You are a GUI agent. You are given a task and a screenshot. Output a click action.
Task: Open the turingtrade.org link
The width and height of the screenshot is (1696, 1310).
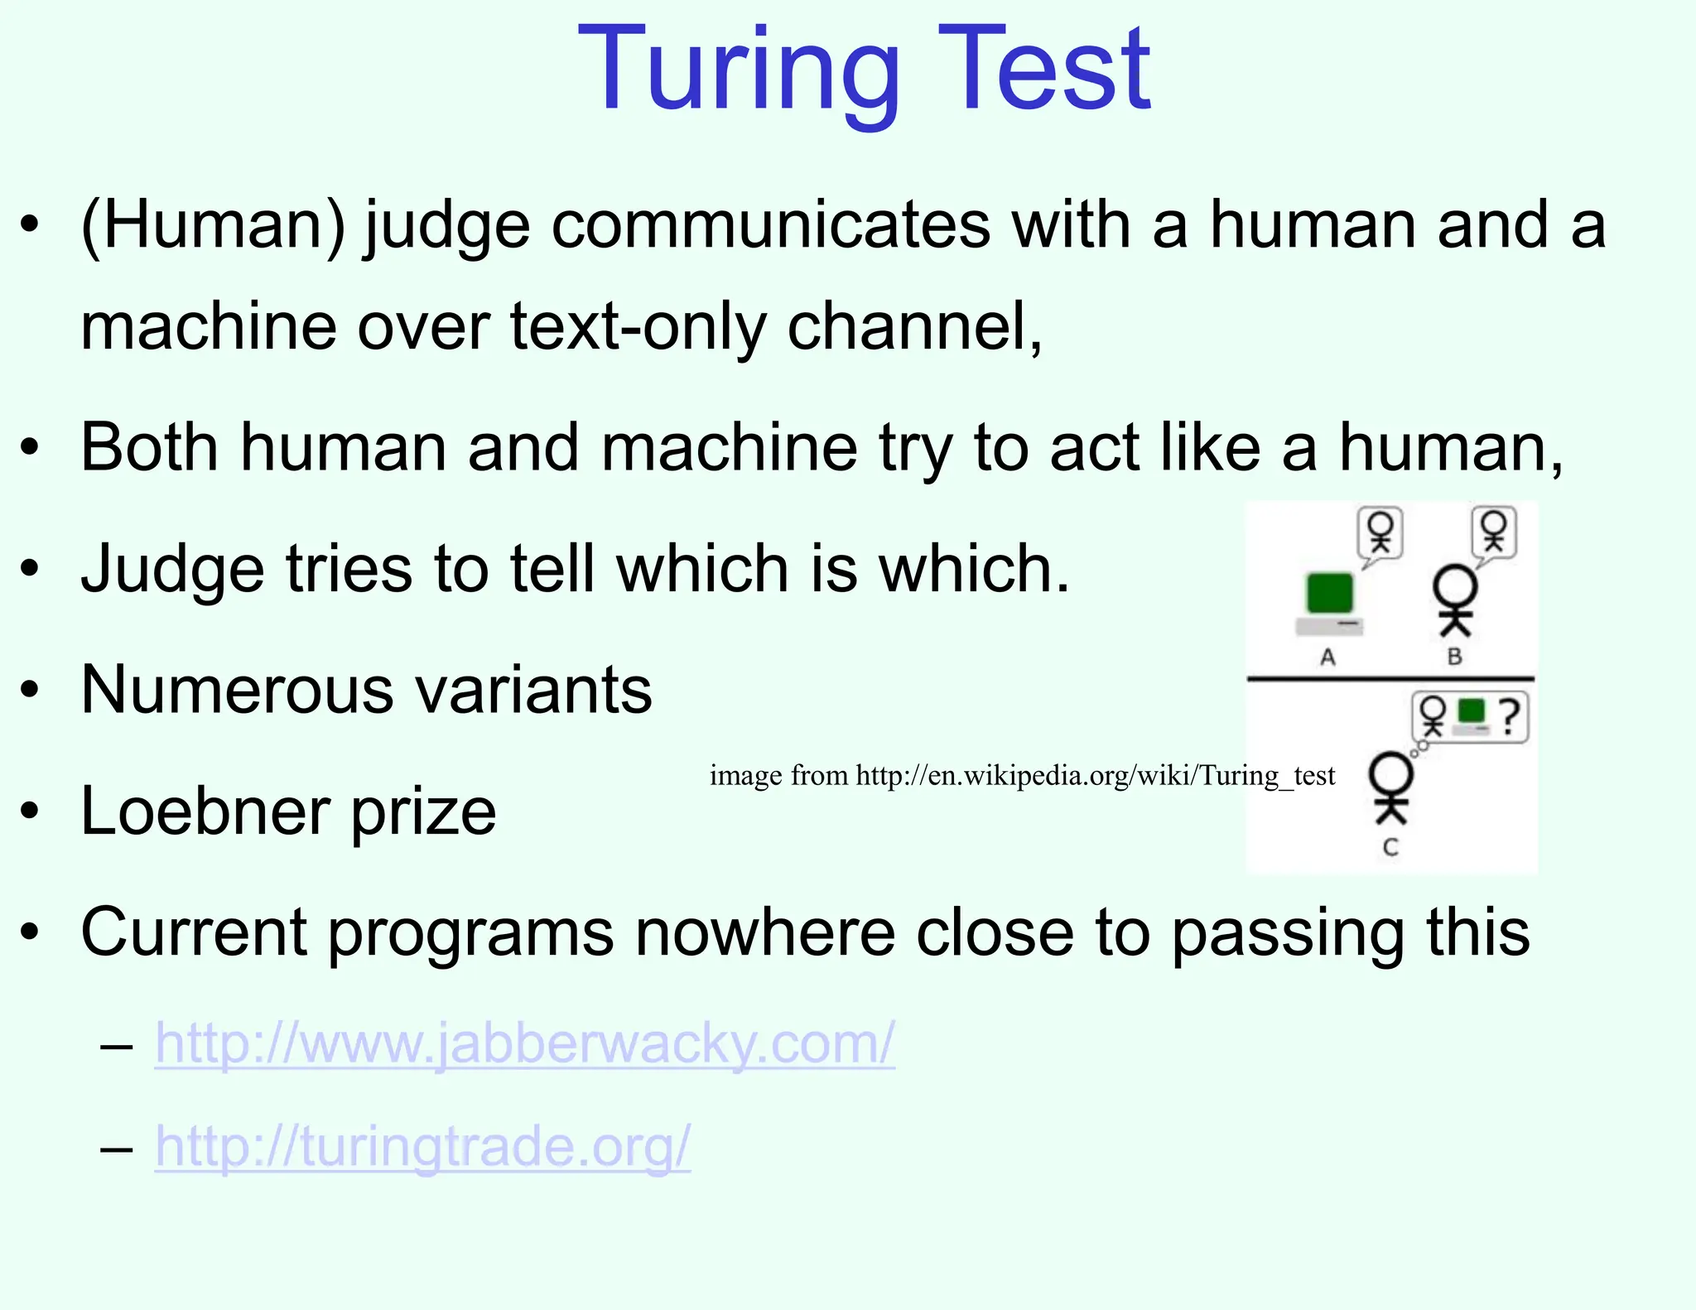click(422, 1147)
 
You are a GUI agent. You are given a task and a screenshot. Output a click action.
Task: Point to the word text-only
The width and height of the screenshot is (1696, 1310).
click(638, 326)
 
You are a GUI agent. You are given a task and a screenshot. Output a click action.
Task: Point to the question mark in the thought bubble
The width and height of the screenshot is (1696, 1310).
click(1510, 717)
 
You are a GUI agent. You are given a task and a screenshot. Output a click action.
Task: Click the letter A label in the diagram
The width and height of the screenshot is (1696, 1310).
click(1327, 657)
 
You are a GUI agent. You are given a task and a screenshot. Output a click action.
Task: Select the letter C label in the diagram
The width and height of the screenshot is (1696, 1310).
click(1390, 847)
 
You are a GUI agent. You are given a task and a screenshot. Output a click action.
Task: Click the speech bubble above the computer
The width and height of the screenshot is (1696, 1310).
click(1380, 533)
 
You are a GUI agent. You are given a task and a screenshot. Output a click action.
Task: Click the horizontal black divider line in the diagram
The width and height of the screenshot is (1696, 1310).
click(1390, 679)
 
